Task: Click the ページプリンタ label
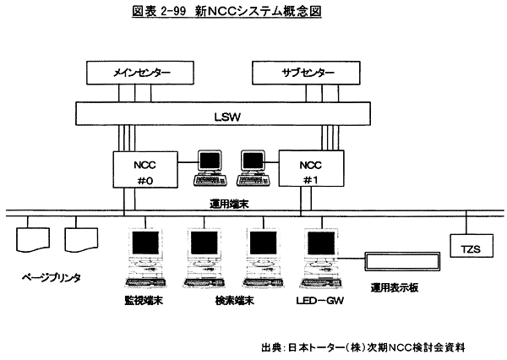coord(53,276)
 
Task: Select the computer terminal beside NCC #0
coord(209,167)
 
